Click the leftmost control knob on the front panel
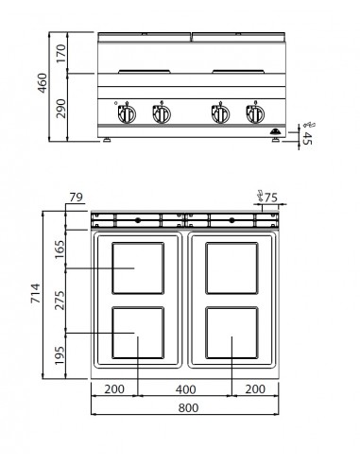(125, 113)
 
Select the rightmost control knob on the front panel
(253, 113)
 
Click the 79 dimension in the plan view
(76, 198)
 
